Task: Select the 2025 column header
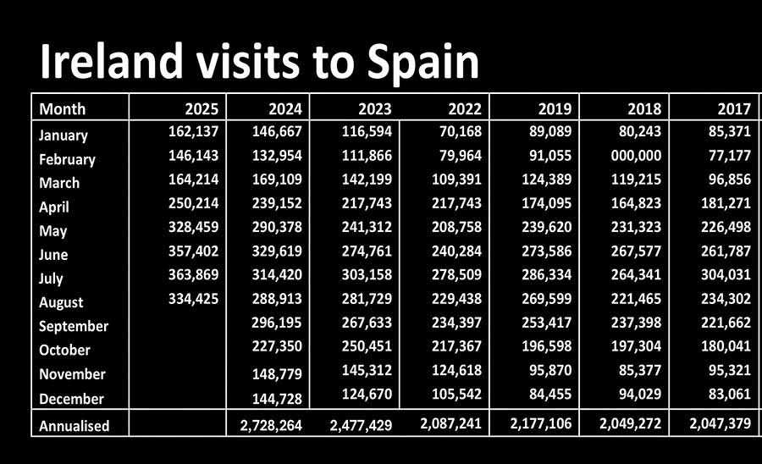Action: tap(202, 108)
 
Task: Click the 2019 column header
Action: tap(555, 108)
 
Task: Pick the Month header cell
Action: tap(63, 108)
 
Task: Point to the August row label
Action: tap(61, 302)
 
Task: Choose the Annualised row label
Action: tap(75, 425)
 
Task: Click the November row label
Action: tap(72, 374)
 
